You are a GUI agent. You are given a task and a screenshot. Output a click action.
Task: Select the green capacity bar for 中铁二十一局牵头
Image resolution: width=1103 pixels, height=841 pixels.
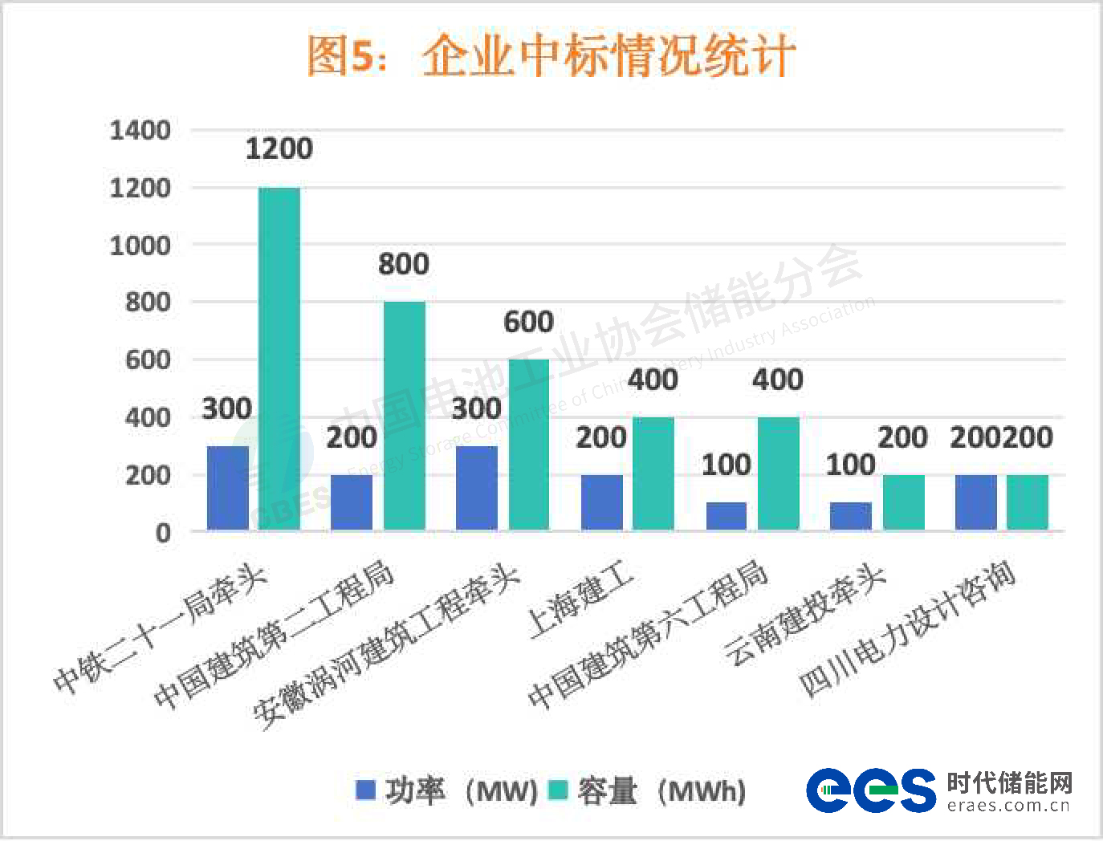click(279, 358)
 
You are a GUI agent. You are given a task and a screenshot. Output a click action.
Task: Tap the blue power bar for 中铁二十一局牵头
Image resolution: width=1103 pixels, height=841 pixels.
click(227, 488)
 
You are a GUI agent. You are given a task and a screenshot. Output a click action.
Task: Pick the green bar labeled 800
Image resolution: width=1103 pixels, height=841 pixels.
click(404, 415)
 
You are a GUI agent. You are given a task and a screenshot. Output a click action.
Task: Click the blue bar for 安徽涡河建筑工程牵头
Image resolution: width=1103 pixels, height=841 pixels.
click(476, 488)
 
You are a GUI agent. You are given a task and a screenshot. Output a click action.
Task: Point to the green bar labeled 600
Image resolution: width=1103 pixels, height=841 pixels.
click(528, 444)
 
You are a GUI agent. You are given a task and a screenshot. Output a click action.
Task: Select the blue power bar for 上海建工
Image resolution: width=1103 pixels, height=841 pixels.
click(601, 502)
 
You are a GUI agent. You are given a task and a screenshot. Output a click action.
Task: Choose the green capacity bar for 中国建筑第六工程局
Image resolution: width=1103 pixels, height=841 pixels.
click(778, 473)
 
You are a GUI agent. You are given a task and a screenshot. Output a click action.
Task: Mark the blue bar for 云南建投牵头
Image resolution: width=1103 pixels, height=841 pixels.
click(850, 516)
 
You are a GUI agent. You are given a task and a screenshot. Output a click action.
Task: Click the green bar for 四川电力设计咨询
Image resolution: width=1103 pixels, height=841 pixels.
click(1027, 502)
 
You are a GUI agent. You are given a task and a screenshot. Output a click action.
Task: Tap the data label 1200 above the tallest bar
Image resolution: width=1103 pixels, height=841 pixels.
click(279, 148)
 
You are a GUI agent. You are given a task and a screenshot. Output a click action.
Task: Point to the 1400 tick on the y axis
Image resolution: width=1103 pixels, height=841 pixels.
click(140, 130)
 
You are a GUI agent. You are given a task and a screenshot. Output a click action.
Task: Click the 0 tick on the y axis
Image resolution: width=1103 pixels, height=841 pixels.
click(163, 532)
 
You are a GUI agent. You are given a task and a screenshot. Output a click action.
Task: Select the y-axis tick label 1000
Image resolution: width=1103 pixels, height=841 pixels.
click(140, 246)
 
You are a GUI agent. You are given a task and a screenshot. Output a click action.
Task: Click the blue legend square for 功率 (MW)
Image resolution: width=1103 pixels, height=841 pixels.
click(365, 790)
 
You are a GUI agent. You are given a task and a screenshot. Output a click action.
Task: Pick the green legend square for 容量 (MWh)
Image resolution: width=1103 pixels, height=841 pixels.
click(558, 790)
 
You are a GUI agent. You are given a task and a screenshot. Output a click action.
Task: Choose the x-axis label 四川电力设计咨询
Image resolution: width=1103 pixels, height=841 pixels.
click(907, 630)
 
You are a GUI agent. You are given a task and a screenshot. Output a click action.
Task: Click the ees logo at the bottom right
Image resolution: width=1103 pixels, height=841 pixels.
click(870, 790)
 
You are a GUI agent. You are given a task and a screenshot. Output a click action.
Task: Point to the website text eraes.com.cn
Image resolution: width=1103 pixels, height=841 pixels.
click(1008, 806)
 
